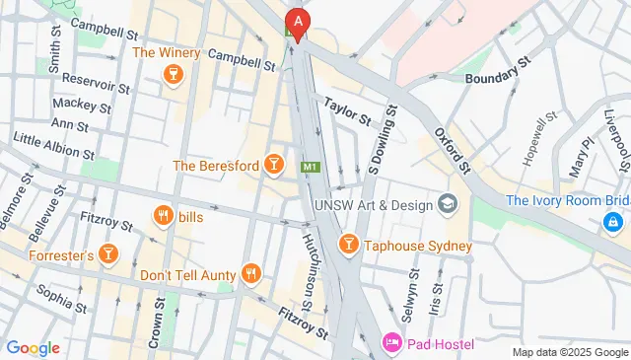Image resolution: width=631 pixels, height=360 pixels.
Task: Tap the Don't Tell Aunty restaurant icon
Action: click(x=252, y=274)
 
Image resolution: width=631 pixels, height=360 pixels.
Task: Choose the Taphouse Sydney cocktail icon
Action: click(x=347, y=245)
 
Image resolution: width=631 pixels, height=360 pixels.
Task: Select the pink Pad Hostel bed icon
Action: click(x=391, y=344)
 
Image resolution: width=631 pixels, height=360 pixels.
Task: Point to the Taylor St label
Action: click(x=346, y=110)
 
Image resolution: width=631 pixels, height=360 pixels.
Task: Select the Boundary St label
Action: click(x=498, y=71)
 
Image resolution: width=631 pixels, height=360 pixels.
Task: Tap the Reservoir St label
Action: click(x=96, y=83)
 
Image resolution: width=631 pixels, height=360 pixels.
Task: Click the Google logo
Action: click(x=33, y=347)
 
